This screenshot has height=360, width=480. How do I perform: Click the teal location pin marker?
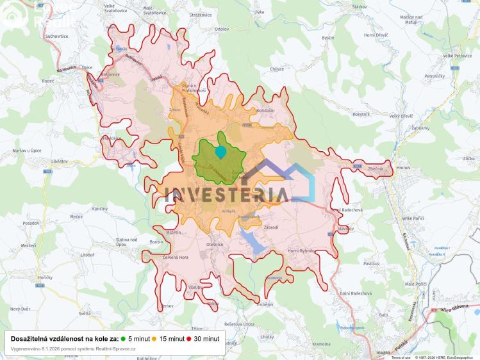click(x=220, y=152)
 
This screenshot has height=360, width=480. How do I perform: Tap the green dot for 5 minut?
click(x=124, y=338)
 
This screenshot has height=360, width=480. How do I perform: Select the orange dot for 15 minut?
click(x=154, y=338)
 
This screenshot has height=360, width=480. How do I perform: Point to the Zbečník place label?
click(x=376, y=168)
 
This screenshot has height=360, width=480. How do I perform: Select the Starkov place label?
click(x=359, y=6)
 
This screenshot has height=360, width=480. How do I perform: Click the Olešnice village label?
click(x=215, y=244)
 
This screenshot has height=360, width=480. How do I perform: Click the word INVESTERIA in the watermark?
click(x=224, y=194)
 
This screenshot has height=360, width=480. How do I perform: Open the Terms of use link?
click(x=401, y=357)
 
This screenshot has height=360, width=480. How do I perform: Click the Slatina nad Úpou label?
click(x=126, y=242)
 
